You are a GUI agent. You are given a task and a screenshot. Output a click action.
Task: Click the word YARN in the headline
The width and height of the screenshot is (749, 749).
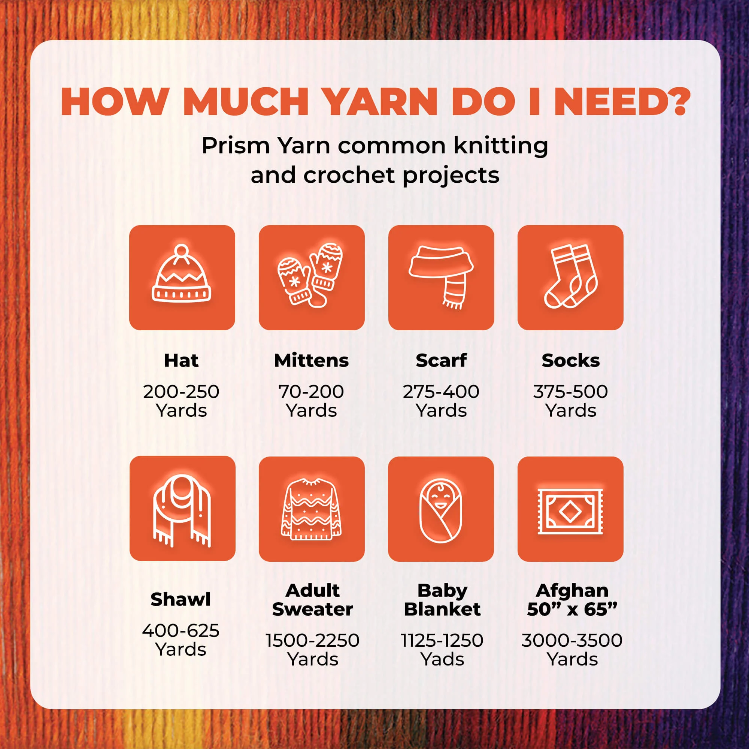coord(380,101)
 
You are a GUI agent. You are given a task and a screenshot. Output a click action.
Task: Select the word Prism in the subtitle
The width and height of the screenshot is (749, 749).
coord(236,146)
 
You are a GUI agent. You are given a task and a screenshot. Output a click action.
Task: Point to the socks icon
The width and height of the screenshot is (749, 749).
coord(570,276)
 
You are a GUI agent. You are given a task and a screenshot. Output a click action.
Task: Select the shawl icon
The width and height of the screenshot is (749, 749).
coord(182,510)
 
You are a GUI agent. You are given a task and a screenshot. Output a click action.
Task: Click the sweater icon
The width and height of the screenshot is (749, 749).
coord(311,509)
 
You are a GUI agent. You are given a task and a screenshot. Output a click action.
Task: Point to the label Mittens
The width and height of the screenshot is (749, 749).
coord(311,361)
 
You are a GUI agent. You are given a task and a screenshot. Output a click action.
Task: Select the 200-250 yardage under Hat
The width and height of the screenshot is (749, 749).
coord(181,392)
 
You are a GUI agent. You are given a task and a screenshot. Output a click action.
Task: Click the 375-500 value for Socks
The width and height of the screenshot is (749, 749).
coord(571,392)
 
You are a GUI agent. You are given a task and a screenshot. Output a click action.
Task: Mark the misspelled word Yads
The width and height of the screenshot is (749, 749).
coord(442,659)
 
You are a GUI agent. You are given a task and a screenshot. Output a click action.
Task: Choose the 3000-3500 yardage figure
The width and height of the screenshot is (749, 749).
coord(572,640)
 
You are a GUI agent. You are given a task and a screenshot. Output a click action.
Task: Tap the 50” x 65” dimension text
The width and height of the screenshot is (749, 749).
coord(572,609)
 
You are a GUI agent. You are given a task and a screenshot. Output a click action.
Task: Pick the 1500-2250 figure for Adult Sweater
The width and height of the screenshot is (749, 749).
coord(312,640)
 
